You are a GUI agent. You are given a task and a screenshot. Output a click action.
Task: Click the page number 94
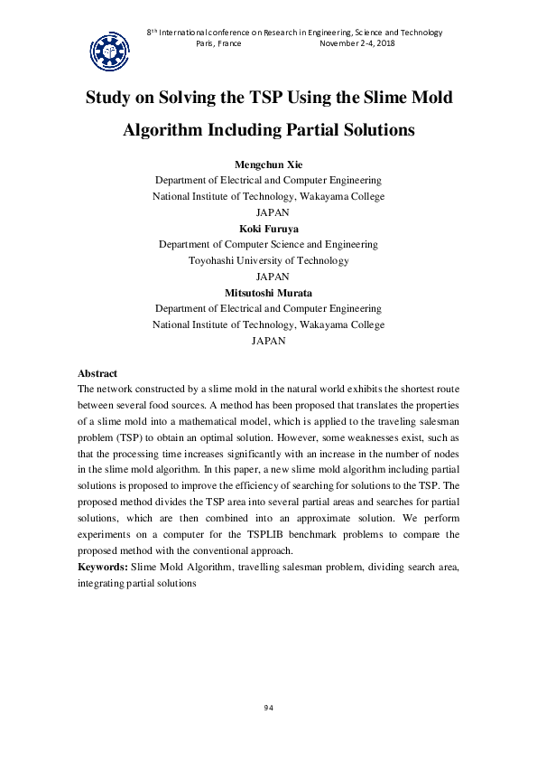268,707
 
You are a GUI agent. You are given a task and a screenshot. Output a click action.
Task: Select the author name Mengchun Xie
268,164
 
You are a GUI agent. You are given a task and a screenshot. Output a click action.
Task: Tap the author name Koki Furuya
268,228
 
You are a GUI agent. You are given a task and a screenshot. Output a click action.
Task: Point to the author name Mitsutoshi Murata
268,292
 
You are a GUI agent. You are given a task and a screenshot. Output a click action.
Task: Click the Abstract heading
97,373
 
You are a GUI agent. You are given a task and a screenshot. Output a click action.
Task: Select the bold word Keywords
102,567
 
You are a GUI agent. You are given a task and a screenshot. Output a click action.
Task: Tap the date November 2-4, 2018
358,43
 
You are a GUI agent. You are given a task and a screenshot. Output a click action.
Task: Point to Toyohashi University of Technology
268,260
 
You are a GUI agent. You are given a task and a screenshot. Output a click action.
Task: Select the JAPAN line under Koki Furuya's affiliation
268,277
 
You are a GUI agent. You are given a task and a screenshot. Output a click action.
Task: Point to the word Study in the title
112,97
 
